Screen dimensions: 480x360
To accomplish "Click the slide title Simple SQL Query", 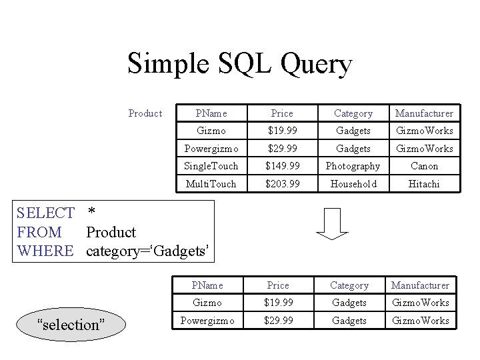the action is click(x=239, y=65).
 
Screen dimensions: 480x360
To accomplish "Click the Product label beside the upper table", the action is click(x=145, y=113).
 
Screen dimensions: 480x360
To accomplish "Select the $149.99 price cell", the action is click(x=282, y=166).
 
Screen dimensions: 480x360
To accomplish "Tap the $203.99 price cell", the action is click(x=282, y=183).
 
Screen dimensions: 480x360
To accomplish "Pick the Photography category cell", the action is click(x=353, y=166).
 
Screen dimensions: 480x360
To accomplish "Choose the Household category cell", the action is click(x=353, y=183).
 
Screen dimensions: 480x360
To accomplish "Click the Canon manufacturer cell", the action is click(x=424, y=166).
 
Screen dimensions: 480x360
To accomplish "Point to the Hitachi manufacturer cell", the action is click(x=424, y=183).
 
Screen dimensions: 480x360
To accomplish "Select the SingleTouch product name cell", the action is click(x=211, y=166).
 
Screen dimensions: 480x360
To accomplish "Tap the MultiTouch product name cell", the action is click(x=211, y=183).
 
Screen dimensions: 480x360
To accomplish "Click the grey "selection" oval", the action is click(x=71, y=325).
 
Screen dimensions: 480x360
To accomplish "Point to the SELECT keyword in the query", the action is click(x=45, y=213).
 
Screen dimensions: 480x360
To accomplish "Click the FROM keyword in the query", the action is click(x=39, y=232).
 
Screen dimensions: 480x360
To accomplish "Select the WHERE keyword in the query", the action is click(x=45, y=251).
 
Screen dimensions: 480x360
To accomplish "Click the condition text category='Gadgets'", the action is click(x=149, y=251).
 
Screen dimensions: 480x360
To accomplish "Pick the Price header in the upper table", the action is click(x=282, y=113).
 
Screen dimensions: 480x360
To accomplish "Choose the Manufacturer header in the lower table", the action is click(x=420, y=285).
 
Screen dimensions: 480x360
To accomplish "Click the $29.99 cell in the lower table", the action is click(x=278, y=321).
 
